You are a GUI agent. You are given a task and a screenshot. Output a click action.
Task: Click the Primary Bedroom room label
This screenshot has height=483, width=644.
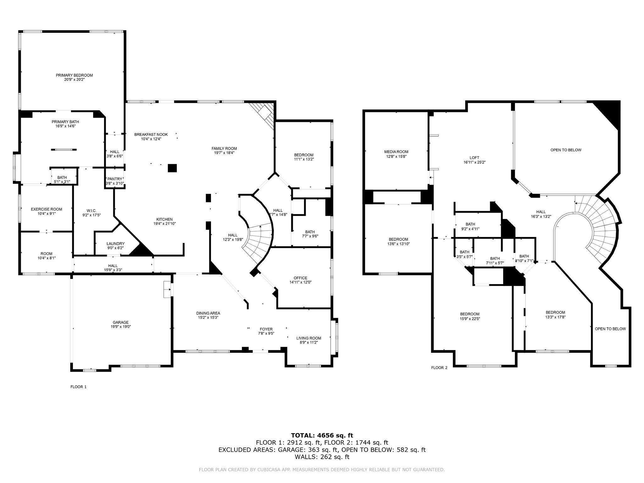74,75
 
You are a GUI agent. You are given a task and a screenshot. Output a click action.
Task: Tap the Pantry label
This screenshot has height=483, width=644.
114,179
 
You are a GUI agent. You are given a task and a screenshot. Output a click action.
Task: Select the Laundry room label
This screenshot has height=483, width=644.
115,244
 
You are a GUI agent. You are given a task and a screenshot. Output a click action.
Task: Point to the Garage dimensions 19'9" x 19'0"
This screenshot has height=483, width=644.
121,327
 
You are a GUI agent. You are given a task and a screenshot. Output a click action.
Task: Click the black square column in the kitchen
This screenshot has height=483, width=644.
172,168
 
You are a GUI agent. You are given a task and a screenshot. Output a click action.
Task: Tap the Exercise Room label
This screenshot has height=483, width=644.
47,209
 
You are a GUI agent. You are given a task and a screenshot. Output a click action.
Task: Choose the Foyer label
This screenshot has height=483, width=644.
266,329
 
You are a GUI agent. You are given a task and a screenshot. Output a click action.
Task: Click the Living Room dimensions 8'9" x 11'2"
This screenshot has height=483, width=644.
308,342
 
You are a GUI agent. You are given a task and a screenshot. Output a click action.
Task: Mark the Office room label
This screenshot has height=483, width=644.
300,278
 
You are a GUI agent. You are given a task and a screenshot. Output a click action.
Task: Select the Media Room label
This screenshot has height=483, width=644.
396,152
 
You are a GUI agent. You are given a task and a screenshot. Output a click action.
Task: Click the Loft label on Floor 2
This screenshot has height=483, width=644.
474,158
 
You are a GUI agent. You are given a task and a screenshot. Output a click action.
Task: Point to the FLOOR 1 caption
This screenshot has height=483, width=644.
78,387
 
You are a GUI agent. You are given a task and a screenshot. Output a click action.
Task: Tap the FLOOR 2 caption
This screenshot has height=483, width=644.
439,368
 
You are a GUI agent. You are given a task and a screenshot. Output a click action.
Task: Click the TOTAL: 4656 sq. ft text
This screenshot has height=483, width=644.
322,435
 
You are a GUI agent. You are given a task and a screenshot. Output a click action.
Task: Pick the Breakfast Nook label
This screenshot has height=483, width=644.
151,134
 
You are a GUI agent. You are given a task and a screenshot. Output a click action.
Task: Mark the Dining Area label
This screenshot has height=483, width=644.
208,313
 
